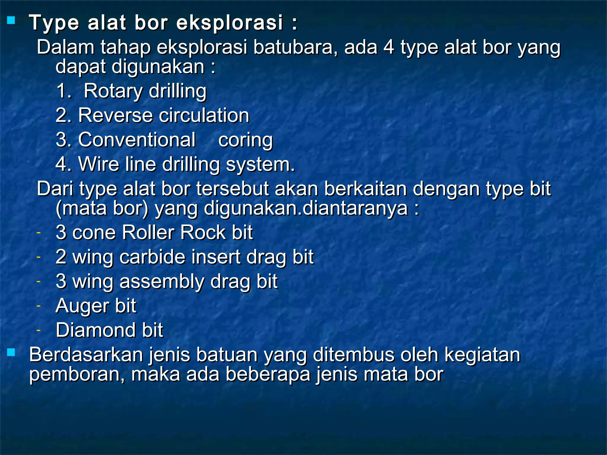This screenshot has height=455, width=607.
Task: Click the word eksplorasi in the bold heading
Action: [x=230, y=23]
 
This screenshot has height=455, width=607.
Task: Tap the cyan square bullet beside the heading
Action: [x=11, y=20]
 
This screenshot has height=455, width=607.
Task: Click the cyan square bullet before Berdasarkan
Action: [x=11, y=352]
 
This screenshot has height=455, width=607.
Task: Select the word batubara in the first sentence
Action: [x=295, y=47]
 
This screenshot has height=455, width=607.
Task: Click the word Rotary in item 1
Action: [x=113, y=91]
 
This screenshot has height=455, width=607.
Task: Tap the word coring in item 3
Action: [x=245, y=140]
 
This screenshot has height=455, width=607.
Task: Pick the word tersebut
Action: [x=232, y=189]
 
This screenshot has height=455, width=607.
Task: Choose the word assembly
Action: [x=162, y=281]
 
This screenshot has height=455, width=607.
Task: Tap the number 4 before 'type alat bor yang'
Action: [x=389, y=47]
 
